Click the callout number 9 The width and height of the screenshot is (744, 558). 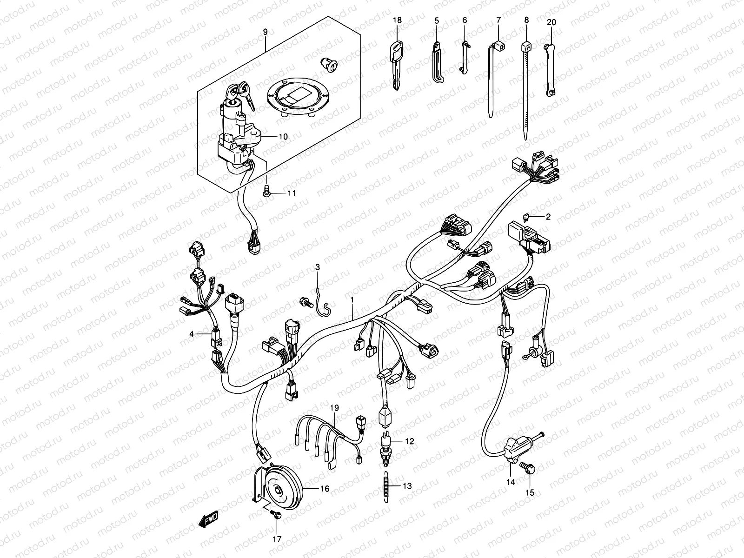[x=265, y=32]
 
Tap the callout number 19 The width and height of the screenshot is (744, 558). [x=335, y=408]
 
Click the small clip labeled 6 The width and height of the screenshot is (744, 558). [x=464, y=57]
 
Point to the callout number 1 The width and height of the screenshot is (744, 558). [x=352, y=300]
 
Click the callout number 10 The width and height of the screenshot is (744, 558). [x=283, y=137]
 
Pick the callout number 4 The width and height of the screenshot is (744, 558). [x=191, y=334]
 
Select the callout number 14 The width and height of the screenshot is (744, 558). [x=511, y=482]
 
